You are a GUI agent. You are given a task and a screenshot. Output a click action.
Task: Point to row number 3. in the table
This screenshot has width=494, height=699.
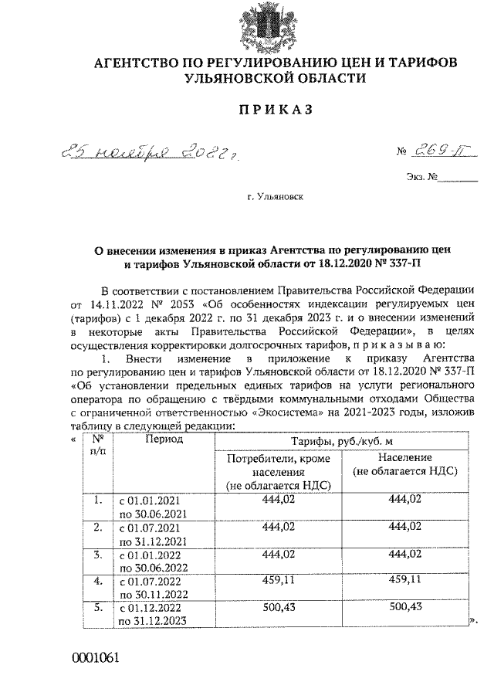[x=98, y=554]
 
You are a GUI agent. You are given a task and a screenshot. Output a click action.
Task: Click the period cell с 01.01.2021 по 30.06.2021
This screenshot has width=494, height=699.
[x=149, y=506]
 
